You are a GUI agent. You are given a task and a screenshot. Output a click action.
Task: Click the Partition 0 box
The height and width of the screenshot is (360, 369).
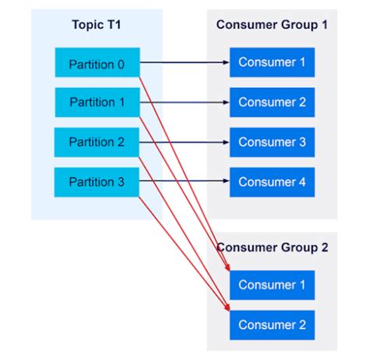coord(97,62)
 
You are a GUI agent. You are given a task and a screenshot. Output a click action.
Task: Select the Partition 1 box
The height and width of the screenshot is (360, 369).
coord(97,102)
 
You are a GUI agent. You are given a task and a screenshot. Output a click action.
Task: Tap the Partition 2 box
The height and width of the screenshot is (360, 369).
coord(97,142)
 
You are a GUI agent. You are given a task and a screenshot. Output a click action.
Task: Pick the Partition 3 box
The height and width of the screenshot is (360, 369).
coord(97,182)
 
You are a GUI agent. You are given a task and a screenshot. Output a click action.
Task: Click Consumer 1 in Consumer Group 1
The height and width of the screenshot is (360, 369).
coord(271,62)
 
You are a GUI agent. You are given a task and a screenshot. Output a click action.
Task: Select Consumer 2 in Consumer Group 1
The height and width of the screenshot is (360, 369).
coord(271,102)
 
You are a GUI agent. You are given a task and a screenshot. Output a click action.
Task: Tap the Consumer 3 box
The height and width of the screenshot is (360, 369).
coord(271,142)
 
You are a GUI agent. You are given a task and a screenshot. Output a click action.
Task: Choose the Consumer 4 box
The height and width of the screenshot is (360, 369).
coord(271,182)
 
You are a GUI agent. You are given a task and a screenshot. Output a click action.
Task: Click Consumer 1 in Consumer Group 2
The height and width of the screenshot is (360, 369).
coord(271,285)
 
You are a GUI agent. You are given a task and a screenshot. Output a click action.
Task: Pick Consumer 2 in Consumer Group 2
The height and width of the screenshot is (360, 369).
coord(271,324)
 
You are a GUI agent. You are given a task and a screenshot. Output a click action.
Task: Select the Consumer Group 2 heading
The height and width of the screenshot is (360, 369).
coord(272,248)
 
